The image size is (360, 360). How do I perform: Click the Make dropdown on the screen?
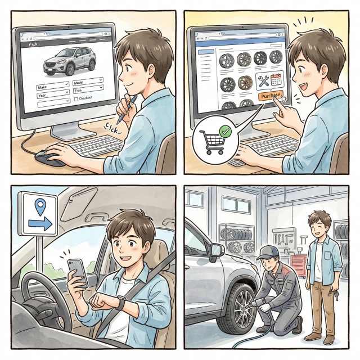[x=52, y=86]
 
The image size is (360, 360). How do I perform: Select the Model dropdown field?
[x=88, y=81]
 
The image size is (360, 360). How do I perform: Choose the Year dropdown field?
[x=53, y=94]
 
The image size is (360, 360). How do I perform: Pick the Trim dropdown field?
[x=88, y=89]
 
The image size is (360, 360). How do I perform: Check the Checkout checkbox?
[x=76, y=100]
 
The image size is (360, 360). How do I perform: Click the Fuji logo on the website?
[x=33, y=44]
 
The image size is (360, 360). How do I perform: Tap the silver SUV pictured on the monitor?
[x=70, y=61]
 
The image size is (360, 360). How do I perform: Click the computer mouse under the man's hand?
[x=49, y=158]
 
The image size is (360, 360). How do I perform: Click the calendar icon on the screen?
[x=276, y=80]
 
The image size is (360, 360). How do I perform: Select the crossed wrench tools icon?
[x=263, y=81]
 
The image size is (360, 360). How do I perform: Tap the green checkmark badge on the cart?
[x=225, y=131]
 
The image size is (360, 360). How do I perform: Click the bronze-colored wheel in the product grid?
[x=245, y=84]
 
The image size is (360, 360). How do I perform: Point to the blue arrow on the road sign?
[x=40, y=223]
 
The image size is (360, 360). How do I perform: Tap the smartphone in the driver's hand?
[x=78, y=273]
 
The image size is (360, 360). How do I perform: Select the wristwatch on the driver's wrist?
[x=121, y=303]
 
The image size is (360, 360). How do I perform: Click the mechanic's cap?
[x=268, y=252]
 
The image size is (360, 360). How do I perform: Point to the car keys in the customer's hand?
[x=333, y=295]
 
